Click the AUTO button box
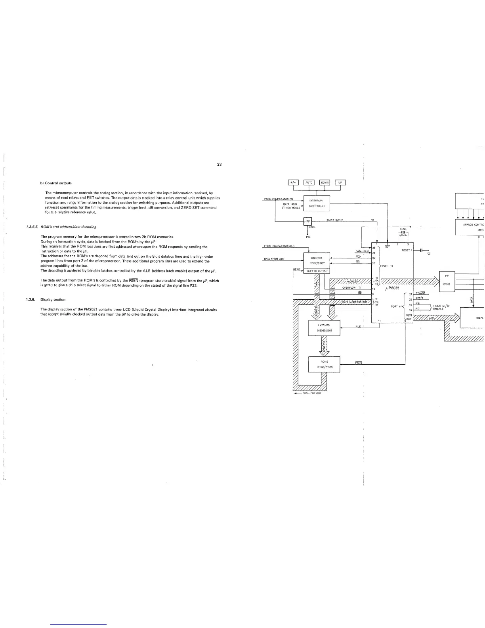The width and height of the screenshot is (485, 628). (309, 182)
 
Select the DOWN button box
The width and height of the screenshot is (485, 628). (325, 182)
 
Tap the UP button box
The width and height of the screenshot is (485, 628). (340, 182)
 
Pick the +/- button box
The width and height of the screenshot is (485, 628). (293, 182)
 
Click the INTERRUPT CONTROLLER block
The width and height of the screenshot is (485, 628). (317, 203)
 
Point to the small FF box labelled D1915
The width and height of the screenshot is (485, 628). (308, 221)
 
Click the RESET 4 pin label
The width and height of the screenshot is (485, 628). (407, 250)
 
